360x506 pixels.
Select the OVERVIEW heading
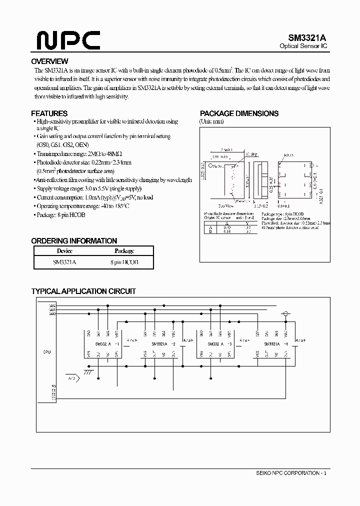49,61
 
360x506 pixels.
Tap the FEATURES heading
49,113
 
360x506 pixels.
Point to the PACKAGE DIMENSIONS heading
239,113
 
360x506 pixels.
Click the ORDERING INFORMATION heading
74,240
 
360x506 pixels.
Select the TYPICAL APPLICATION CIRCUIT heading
83,291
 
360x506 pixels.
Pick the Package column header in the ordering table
123,251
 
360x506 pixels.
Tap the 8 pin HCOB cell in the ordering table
123,262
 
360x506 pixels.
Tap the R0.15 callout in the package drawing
289,156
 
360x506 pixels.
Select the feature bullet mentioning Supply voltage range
88,188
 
